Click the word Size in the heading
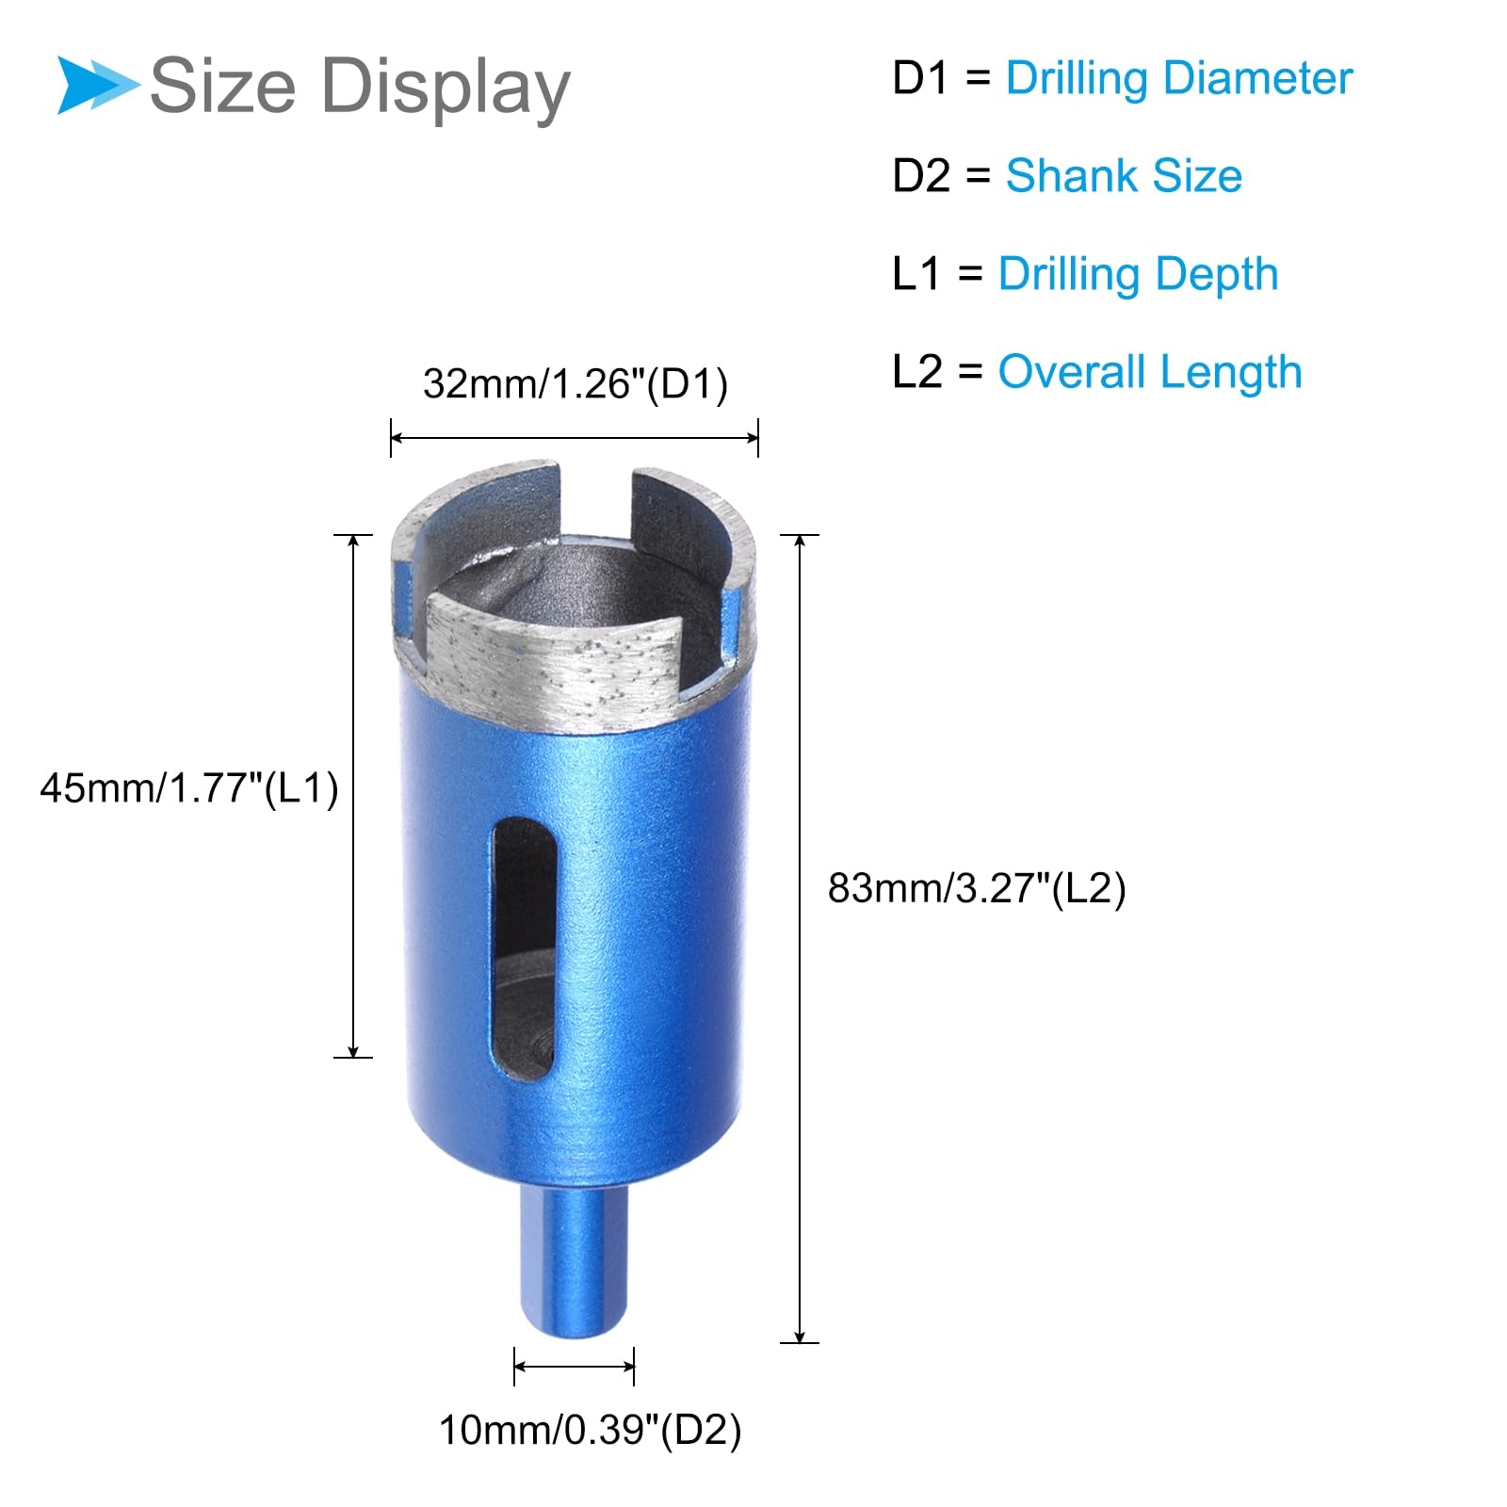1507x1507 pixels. pyautogui.click(x=223, y=86)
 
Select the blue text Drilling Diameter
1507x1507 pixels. pyautogui.click(x=1178, y=79)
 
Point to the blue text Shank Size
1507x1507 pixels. pyautogui.click(x=1124, y=176)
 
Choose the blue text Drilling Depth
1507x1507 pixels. pyautogui.click(x=1138, y=275)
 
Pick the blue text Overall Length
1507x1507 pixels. pyautogui.click(x=1150, y=372)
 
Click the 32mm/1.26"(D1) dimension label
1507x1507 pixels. pyautogui.click(x=575, y=384)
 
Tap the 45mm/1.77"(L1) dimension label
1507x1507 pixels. pyautogui.click(x=189, y=787)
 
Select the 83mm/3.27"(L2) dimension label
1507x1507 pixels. pyautogui.click(x=977, y=888)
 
